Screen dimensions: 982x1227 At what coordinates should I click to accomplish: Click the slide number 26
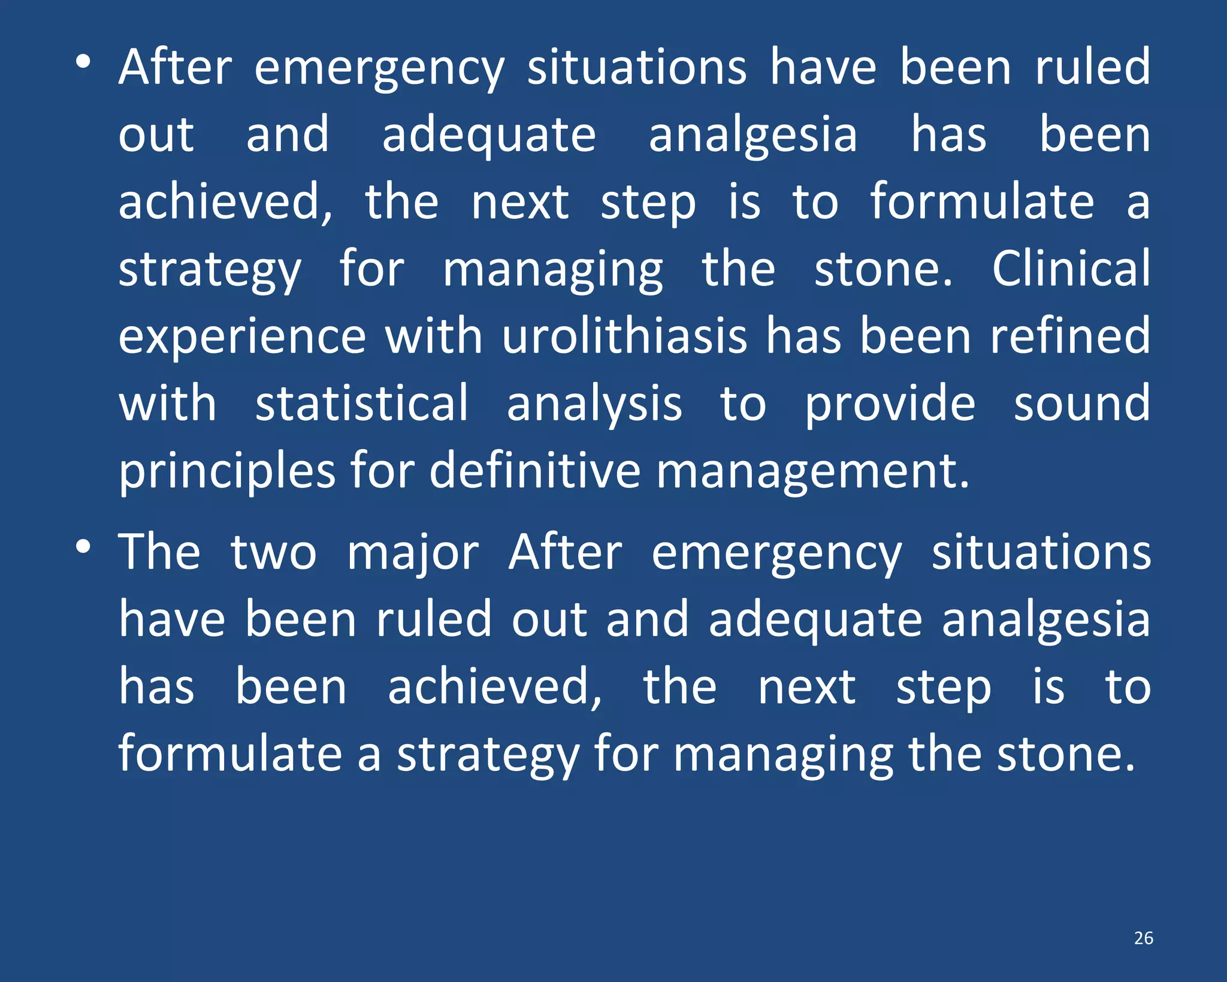1143,938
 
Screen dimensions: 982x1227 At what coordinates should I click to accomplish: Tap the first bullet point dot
83,62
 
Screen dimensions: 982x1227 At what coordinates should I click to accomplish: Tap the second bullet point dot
83,546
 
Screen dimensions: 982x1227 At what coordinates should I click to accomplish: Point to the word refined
1070,336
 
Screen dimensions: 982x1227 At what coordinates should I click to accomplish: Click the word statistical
362,403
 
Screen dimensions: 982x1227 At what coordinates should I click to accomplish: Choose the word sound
1082,403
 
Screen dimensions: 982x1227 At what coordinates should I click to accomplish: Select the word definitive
535,470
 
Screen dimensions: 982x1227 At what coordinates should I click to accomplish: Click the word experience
242,337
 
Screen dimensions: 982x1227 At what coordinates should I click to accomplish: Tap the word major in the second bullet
413,553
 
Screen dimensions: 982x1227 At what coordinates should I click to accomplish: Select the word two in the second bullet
274,553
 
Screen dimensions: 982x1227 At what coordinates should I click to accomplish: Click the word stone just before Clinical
883,269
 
